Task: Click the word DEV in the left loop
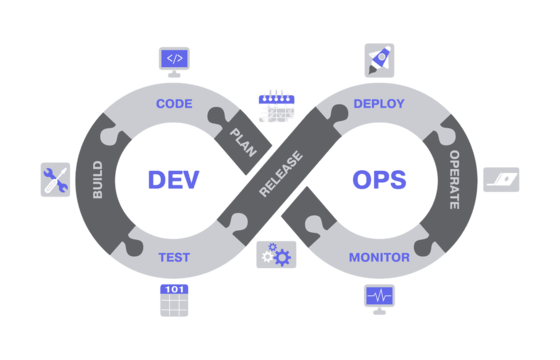tap(173, 180)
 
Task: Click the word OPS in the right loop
tap(379, 180)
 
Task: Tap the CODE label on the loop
tap(174, 103)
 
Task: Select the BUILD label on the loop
tap(98, 179)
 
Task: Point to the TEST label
tap(174, 257)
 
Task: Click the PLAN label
tap(243, 142)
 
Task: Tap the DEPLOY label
tap(379, 103)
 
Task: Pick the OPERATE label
tap(454, 179)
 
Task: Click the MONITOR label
tap(379, 257)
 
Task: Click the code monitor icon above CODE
tap(174, 60)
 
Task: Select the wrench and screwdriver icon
tap(55, 179)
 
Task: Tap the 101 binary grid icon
tap(174, 300)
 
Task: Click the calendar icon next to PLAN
tap(276, 105)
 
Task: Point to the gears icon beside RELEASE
tap(276, 255)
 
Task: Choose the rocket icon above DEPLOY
tap(379, 59)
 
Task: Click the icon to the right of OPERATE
tap(501, 179)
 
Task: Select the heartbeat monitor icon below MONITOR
tap(379, 297)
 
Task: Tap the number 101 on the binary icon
tap(174, 289)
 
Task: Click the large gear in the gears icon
tap(283, 257)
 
